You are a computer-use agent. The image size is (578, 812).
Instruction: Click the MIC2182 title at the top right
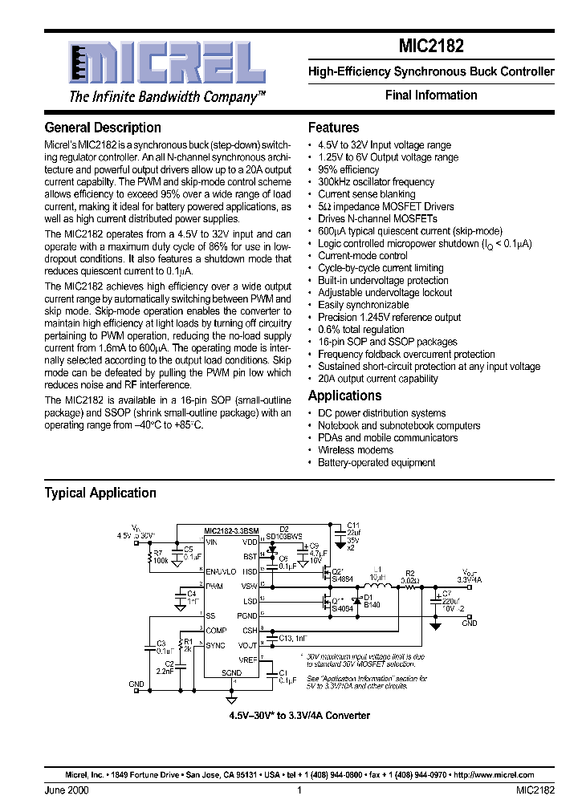[x=431, y=47]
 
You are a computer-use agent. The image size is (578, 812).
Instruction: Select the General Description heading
[x=103, y=128]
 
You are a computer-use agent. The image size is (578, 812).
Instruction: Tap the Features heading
[x=333, y=128]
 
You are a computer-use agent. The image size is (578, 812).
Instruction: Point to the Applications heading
[x=344, y=396]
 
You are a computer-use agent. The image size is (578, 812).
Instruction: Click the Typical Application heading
[x=100, y=493]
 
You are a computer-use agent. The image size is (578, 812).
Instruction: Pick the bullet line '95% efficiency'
[x=348, y=170]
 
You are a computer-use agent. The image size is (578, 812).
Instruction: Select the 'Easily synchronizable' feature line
[x=363, y=305]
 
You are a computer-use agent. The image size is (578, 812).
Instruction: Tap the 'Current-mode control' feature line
[x=362, y=256]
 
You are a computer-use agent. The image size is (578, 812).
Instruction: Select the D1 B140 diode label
[x=371, y=601]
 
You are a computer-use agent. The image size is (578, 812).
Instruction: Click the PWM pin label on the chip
[x=214, y=587]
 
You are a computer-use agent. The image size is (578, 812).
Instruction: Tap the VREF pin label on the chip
[x=247, y=659]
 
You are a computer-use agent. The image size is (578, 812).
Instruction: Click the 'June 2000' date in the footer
[x=67, y=790]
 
